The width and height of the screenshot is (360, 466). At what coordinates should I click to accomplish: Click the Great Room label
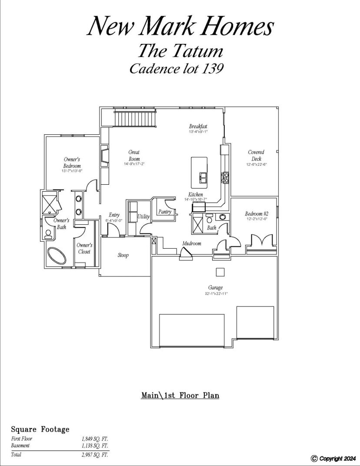click(x=134, y=156)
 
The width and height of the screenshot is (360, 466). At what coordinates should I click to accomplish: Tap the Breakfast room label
click(x=198, y=126)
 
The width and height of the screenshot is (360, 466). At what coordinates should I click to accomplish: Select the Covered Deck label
click(x=256, y=156)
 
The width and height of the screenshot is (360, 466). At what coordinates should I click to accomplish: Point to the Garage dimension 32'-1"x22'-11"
click(x=215, y=293)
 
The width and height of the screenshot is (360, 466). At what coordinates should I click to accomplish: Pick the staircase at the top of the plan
click(x=135, y=119)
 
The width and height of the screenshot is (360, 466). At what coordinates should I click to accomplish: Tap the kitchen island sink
click(x=203, y=178)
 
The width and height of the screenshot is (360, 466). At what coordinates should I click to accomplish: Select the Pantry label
click(x=165, y=212)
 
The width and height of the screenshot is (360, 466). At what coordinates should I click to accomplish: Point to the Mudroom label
click(x=191, y=243)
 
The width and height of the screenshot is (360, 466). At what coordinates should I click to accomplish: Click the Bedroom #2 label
click(x=257, y=214)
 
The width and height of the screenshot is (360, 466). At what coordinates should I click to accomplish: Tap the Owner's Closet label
click(x=84, y=249)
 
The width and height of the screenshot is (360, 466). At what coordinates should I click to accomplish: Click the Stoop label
click(x=123, y=255)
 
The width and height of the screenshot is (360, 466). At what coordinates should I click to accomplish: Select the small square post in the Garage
click(x=220, y=272)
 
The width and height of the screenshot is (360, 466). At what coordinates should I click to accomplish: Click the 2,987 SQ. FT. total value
click(x=95, y=454)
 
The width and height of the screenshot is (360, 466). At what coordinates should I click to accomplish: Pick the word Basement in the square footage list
click(x=20, y=446)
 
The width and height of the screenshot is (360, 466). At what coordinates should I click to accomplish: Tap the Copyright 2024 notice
click(x=333, y=459)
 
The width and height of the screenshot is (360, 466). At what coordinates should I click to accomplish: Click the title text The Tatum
click(x=180, y=50)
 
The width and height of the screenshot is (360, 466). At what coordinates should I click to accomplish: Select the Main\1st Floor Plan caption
click(x=180, y=395)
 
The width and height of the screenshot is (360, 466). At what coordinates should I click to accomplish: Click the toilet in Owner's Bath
click(x=48, y=234)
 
